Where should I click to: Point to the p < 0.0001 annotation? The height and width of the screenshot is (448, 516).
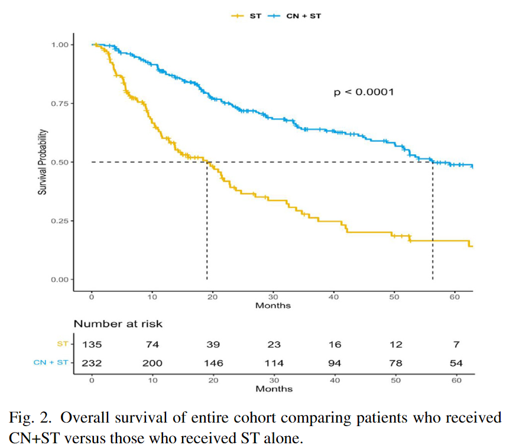click(364, 92)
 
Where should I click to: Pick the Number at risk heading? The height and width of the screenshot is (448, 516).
click(118, 324)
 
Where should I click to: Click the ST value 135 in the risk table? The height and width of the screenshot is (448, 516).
click(92, 345)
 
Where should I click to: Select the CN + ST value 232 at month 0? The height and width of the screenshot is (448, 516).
click(92, 363)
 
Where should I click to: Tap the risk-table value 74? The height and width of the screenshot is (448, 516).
click(152, 345)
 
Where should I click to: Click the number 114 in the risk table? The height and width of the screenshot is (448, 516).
click(274, 363)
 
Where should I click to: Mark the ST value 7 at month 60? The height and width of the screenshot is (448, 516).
click(455, 345)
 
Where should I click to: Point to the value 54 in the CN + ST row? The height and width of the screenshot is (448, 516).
click(455, 363)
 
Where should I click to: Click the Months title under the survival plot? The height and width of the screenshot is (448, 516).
click(273, 306)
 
